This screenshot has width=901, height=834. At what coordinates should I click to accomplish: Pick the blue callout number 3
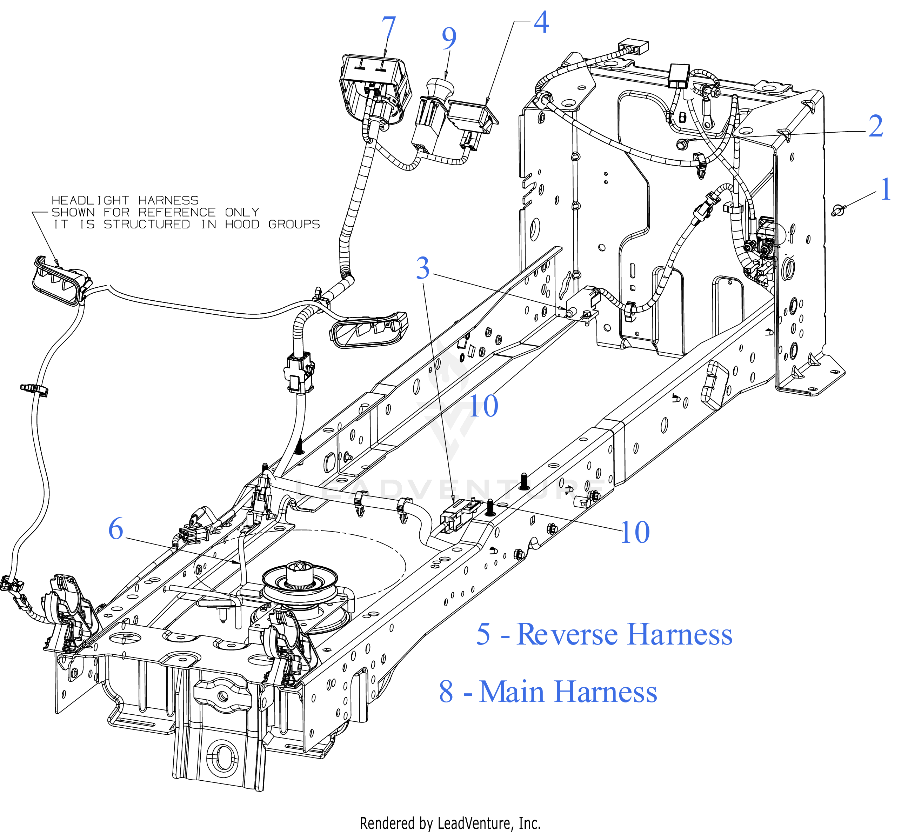point(423,268)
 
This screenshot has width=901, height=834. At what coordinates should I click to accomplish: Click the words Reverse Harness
point(624,634)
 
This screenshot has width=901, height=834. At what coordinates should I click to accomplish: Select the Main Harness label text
point(568,692)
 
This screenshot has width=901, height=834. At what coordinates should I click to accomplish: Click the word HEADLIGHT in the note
point(90,200)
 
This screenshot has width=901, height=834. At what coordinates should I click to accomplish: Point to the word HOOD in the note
point(242,224)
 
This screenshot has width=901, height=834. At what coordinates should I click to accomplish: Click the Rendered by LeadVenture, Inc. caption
point(450,823)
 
